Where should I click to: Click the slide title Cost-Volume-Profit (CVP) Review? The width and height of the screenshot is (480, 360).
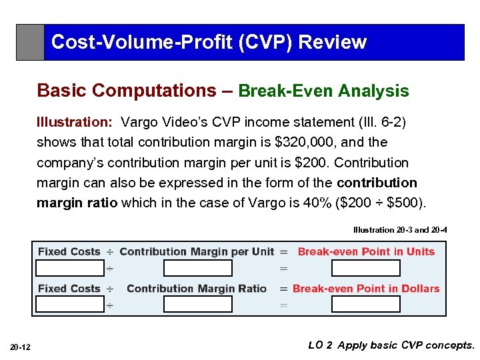click(209, 42)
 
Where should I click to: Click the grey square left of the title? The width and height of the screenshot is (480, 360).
click(30, 43)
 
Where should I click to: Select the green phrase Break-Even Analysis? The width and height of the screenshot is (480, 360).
click(323, 91)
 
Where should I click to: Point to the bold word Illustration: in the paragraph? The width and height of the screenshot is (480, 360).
click(74, 122)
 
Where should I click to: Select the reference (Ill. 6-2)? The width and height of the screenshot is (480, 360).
click(383, 122)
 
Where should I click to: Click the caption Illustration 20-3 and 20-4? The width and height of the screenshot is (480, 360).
click(400, 230)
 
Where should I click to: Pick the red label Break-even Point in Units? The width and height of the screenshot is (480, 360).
click(366, 252)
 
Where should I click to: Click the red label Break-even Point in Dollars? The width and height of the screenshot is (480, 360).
click(366, 289)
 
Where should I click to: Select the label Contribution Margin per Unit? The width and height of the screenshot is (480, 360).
click(197, 252)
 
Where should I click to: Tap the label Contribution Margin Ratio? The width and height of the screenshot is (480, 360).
click(197, 289)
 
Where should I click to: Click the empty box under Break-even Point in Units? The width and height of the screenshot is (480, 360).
click(365, 268)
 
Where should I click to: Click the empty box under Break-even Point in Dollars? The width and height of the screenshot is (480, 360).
click(365, 305)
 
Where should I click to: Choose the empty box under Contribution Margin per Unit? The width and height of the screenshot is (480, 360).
click(197, 268)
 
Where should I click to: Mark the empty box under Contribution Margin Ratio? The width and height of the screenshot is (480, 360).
click(197, 305)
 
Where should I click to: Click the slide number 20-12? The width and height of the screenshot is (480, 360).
click(19, 347)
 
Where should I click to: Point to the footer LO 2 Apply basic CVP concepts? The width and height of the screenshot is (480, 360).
click(391, 345)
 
